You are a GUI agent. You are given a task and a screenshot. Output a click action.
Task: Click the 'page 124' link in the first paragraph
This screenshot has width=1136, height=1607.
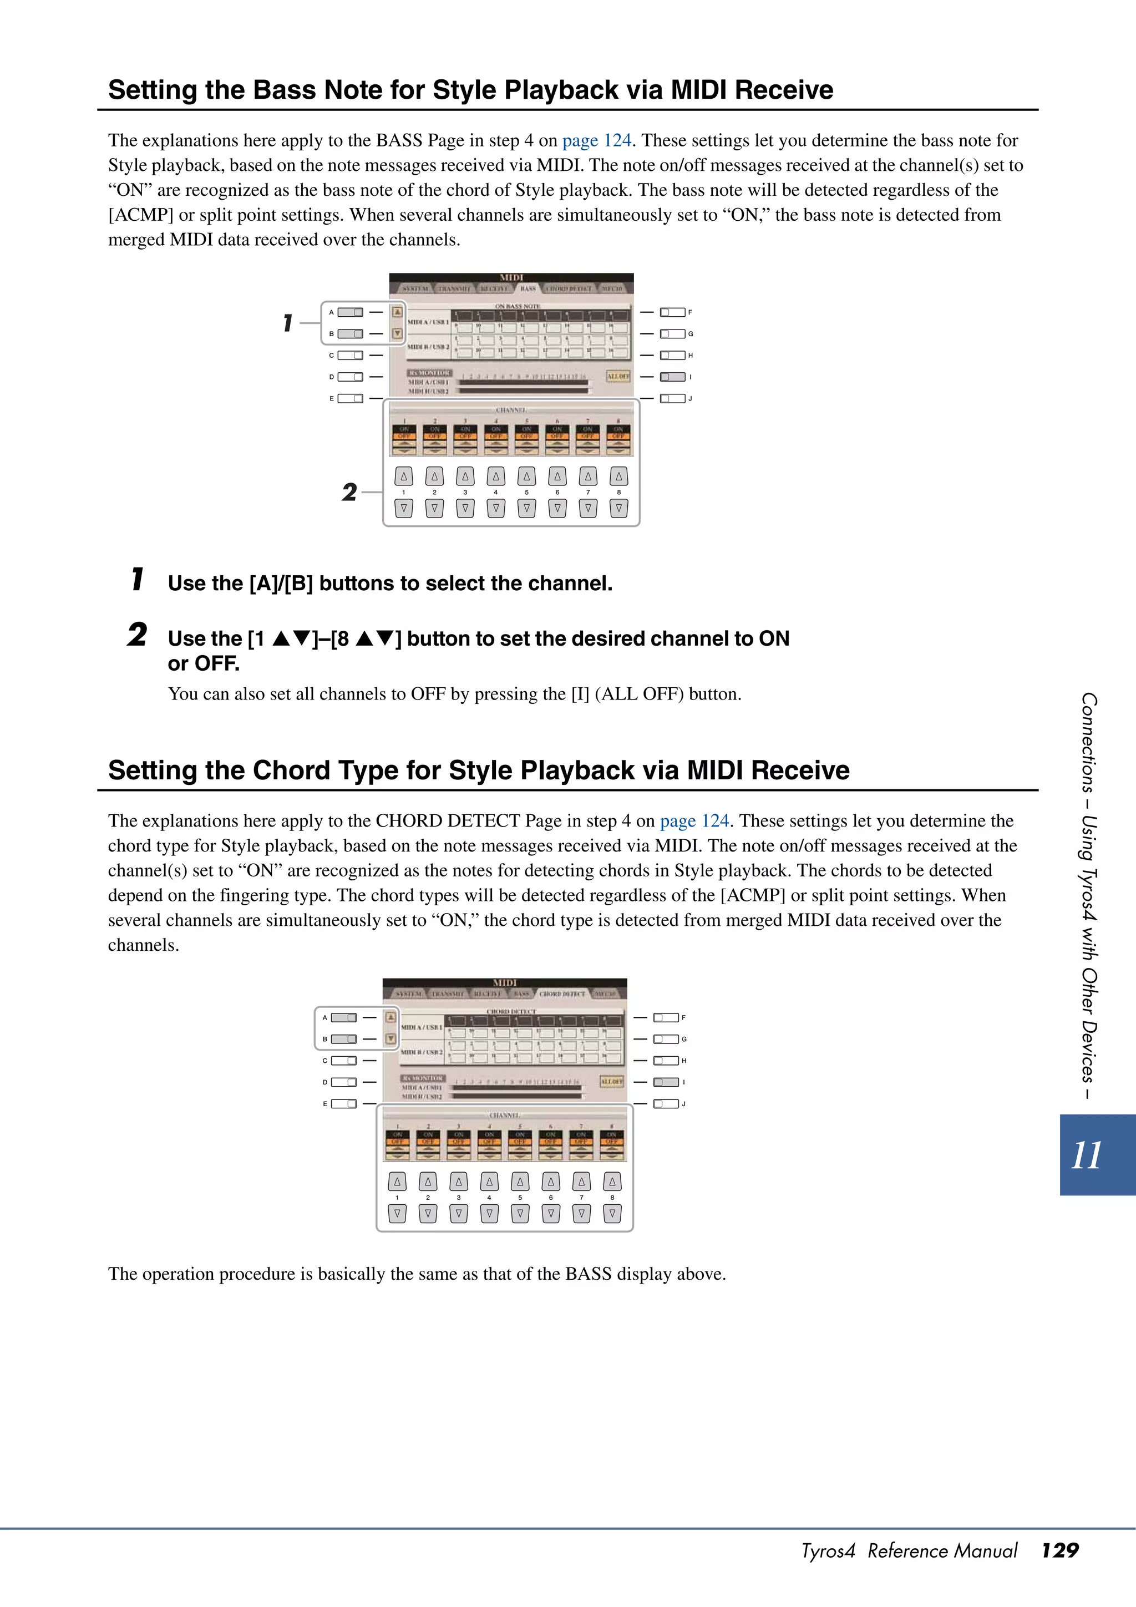pos(596,141)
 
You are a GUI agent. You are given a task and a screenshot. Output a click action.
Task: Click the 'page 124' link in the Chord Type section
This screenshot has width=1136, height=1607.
pos(694,821)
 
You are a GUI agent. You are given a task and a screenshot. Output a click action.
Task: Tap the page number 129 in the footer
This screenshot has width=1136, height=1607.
pos(1059,1550)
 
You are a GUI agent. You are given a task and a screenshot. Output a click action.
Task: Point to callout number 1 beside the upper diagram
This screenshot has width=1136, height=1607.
pos(288,323)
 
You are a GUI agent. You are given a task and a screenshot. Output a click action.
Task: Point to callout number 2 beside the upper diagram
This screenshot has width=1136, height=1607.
pos(349,492)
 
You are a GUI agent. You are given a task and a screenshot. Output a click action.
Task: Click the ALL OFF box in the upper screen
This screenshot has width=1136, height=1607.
pos(618,376)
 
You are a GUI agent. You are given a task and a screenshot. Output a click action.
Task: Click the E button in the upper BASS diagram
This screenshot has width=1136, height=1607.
pos(350,398)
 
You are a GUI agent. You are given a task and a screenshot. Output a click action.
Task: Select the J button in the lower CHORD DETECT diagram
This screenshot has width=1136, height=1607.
pos(666,1104)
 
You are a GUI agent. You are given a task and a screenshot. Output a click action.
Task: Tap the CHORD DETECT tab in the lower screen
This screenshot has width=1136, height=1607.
pos(562,994)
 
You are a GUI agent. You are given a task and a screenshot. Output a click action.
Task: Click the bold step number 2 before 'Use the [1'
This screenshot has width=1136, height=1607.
pos(137,635)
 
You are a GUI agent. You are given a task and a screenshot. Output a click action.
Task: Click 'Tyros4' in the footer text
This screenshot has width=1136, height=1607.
pos(828,1551)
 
